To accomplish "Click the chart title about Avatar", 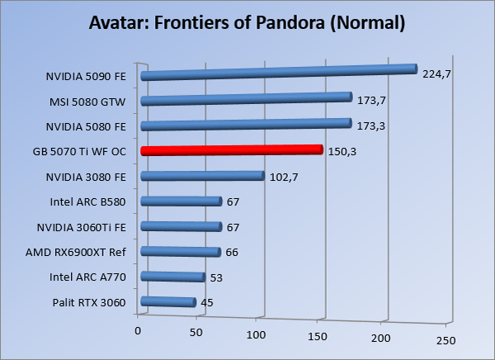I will [247, 23].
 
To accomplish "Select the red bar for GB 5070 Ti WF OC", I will [231, 150].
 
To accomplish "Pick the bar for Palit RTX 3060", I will [168, 302].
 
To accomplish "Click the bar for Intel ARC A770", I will [173, 277].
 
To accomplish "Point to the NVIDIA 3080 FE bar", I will [202, 176].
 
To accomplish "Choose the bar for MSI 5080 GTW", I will [247, 99].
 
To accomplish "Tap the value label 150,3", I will [342, 151].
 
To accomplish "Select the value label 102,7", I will [282, 177].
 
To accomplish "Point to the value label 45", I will [208, 303].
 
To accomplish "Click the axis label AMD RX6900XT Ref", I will [87, 252].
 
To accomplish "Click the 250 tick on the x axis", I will [445, 340].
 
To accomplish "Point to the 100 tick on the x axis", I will [257, 336].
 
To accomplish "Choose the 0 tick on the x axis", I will [138, 330].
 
